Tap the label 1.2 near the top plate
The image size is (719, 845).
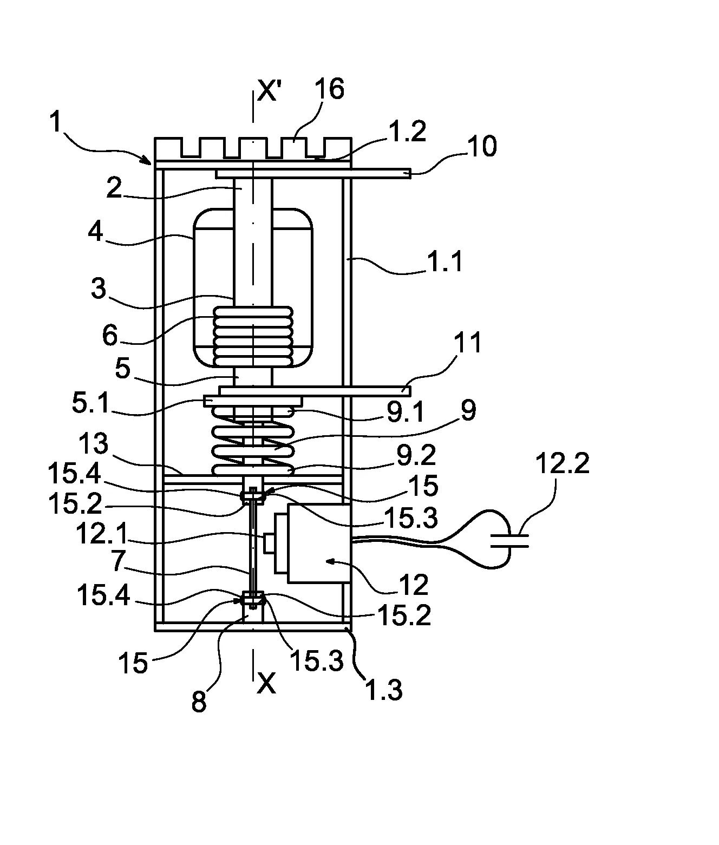click(x=407, y=131)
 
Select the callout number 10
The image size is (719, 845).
click(x=482, y=146)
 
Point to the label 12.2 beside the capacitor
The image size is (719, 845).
click(x=563, y=463)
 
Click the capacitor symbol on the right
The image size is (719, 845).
click(x=509, y=540)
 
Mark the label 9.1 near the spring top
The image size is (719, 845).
click(x=406, y=411)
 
